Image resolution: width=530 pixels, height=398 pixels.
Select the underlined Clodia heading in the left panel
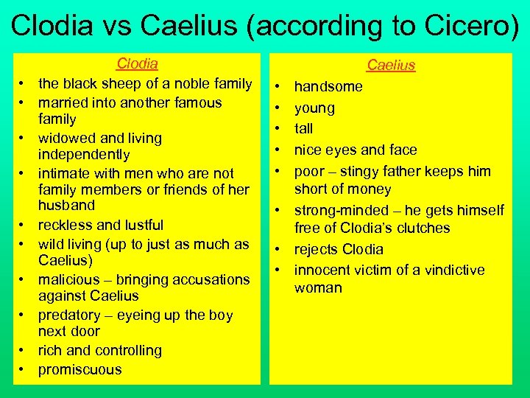point(138,64)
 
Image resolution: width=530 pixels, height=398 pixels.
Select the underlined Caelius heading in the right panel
point(391,65)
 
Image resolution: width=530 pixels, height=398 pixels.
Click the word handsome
point(328,87)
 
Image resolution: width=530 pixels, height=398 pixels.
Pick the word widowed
point(69,138)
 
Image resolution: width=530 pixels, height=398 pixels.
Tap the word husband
point(66,205)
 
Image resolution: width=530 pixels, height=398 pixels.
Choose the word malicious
point(71,279)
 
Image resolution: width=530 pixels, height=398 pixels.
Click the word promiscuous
point(79,369)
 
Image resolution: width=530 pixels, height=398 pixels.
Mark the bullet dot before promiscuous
point(24,369)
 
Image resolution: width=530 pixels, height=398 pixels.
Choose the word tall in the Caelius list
point(304,128)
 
